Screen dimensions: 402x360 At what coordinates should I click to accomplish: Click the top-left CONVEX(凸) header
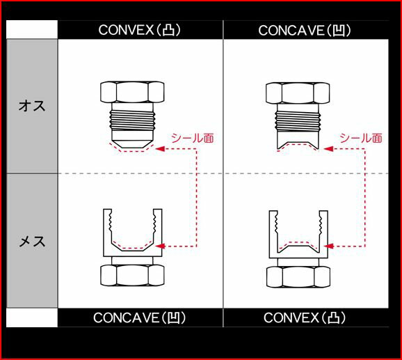[140, 30]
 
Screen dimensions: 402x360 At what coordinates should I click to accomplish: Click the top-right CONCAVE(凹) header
[305, 31]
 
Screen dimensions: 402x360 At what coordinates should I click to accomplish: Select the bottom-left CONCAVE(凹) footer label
[139, 318]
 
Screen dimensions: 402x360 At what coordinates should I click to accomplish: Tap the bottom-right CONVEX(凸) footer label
[305, 318]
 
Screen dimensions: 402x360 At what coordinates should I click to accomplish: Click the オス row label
[32, 106]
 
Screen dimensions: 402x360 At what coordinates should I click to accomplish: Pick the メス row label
[32, 241]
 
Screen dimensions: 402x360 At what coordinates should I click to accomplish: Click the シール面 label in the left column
[192, 138]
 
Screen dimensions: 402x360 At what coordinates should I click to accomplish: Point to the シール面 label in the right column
[361, 138]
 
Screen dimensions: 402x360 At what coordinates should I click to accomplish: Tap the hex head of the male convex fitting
[132, 92]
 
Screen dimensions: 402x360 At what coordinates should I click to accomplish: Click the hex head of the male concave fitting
[298, 93]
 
